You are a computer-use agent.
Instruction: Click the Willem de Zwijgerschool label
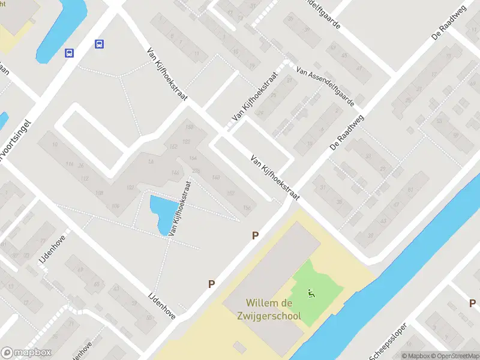pos(273,310)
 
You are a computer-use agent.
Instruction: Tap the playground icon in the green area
pos(311,293)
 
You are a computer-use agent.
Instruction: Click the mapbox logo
pos(26,353)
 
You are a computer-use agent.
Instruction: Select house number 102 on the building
pos(130,187)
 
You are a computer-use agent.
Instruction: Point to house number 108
pos(99,193)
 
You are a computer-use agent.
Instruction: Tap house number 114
pos(70,164)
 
